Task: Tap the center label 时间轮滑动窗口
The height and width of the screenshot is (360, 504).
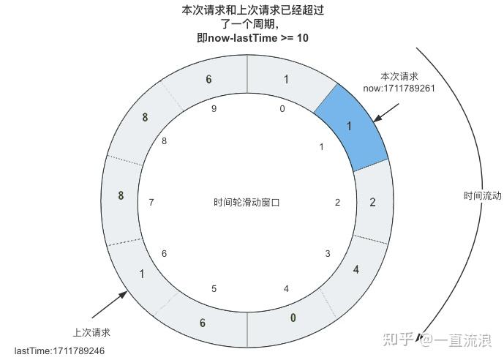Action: (247, 203)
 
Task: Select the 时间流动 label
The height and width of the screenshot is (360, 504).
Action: (482, 196)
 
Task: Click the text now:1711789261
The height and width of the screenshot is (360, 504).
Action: (399, 89)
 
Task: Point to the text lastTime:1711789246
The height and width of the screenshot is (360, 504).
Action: (59, 351)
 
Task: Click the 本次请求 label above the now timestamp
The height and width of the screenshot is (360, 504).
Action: (399, 76)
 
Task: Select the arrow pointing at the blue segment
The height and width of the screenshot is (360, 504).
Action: (386, 112)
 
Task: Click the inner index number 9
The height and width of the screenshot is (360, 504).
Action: (214, 109)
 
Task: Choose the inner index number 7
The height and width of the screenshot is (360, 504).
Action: (151, 202)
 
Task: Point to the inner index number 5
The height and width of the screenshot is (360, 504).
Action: (214, 289)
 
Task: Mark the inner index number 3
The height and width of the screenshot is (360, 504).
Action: (327, 254)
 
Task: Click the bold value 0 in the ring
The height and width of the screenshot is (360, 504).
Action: (293, 318)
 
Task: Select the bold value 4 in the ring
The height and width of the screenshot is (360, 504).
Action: (356, 269)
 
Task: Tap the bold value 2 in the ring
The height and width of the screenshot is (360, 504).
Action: (372, 202)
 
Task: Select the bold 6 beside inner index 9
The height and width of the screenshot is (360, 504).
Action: (208, 80)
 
